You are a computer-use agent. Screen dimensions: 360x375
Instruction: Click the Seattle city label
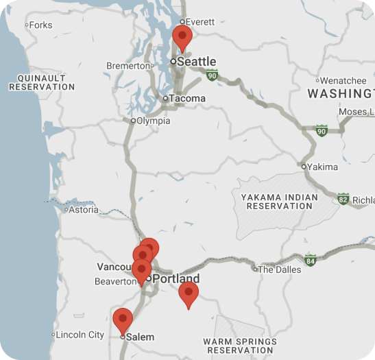pyautogui.click(x=196, y=62)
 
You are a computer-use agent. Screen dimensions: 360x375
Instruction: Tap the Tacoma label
pyautogui.click(x=186, y=98)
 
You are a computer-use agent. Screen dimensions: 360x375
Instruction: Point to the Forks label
pyautogui.click(x=40, y=25)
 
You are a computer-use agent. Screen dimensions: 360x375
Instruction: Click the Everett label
pyautogui.click(x=199, y=22)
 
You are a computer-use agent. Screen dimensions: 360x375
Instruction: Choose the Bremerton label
pyautogui.click(x=128, y=66)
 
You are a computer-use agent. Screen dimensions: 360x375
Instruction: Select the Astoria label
pyautogui.click(x=84, y=210)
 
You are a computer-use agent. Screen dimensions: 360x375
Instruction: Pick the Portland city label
pyautogui.click(x=176, y=279)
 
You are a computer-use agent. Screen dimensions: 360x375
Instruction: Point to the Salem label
pyautogui.click(x=141, y=337)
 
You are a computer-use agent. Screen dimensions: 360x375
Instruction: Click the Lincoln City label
pyautogui.click(x=81, y=335)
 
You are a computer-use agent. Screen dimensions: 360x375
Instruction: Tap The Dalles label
pyautogui.click(x=278, y=269)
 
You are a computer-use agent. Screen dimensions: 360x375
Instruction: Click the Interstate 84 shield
pyautogui.click(x=311, y=261)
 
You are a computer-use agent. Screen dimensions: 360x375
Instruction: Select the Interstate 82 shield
pyautogui.click(x=343, y=199)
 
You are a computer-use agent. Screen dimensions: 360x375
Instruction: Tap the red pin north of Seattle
pyautogui.click(x=182, y=36)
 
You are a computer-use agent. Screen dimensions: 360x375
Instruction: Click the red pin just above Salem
pyautogui.click(x=123, y=319)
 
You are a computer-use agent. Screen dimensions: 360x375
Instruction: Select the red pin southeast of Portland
pyautogui.click(x=189, y=293)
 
